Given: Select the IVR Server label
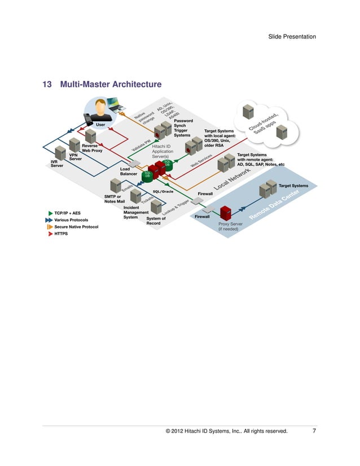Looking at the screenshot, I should (x=58, y=164).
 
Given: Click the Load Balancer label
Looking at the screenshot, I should (x=129, y=172).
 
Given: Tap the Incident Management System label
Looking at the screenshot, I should (x=135, y=212).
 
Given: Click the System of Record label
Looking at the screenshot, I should (x=156, y=221).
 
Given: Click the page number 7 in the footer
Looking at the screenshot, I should (x=314, y=432).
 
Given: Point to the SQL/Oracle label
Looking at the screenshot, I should (x=163, y=192).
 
